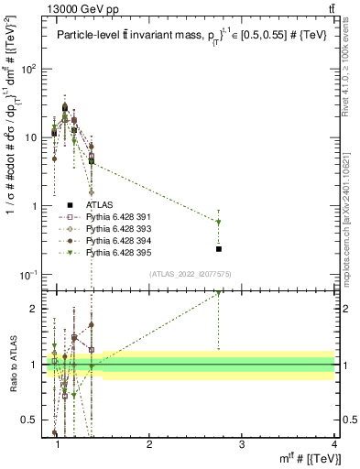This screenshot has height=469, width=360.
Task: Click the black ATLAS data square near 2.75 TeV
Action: (219, 248)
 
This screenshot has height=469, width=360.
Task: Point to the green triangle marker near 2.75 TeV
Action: (219, 222)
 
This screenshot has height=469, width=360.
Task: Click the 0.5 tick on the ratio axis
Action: (36, 420)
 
